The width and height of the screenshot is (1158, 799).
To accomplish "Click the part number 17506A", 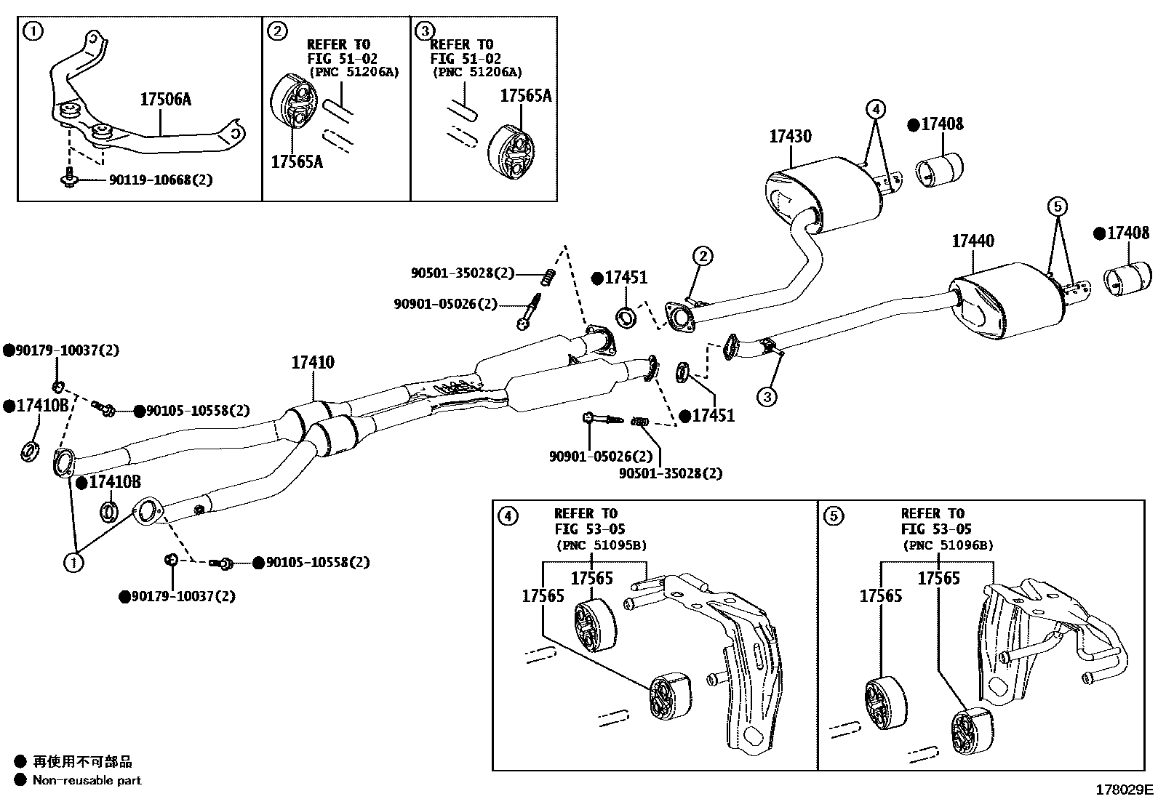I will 165,100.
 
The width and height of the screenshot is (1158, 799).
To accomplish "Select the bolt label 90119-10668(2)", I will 161,180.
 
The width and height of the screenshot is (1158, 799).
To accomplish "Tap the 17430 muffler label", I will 790,136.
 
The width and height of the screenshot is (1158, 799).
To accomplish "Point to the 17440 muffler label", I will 973,241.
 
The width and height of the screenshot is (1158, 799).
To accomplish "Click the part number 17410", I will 313,362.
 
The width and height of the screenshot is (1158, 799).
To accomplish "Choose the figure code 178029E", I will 1125,790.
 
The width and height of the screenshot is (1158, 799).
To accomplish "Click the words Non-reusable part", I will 87,781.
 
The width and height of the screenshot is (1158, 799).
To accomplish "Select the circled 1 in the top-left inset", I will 33,31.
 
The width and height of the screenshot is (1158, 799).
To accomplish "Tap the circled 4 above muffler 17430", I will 876,110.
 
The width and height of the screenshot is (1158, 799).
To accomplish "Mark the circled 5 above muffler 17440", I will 1058,207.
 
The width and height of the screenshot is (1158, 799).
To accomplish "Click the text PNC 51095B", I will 601,545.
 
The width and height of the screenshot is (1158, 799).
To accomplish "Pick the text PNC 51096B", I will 948,545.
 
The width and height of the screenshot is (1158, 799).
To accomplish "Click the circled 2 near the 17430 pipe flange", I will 702,256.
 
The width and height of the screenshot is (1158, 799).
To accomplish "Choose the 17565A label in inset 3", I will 525,95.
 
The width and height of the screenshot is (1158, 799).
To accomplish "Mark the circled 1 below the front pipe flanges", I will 73,562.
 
